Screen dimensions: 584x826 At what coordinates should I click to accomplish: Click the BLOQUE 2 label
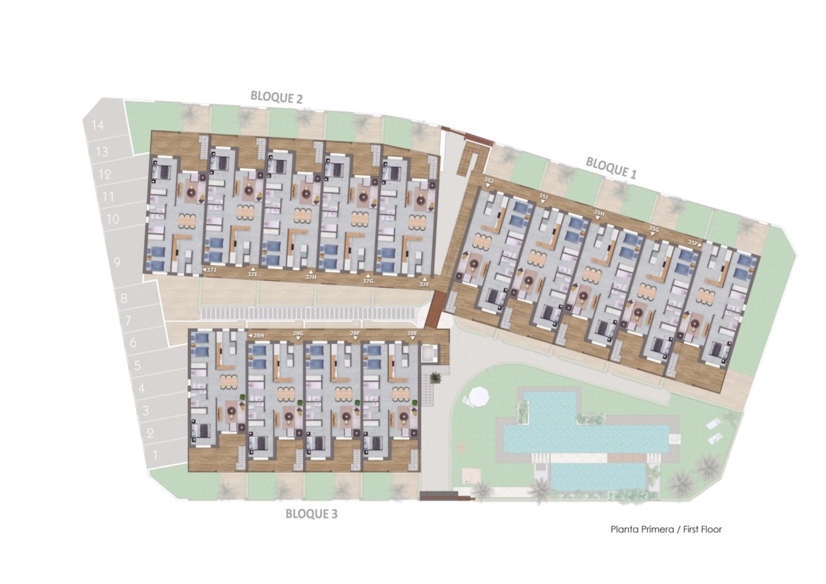tap(276, 97)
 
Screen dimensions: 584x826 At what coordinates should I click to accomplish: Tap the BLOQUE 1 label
tap(611, 168)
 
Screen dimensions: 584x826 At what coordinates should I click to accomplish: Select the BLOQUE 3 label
tap(311, 514)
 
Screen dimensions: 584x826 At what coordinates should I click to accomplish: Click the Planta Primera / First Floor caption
tap(666, 529)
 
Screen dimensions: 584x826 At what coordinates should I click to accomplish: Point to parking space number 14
tap(97, 125)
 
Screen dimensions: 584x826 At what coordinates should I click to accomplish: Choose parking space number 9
tap(117, 261)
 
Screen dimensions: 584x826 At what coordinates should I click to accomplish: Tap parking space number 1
tap(155, 455)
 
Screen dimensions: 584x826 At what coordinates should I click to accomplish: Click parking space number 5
tap(137, 366)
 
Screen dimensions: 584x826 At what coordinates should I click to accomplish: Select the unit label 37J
tap(211, 270)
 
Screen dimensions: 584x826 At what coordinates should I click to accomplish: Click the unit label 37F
tap(424, 284)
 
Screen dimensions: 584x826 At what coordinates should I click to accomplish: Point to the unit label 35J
tap(488, 179)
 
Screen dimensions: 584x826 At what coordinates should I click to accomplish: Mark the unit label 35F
tap(694, 242)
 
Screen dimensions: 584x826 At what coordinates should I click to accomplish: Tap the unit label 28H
tap(258, 335)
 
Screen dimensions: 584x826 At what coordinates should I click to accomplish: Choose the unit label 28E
tap(412, 333)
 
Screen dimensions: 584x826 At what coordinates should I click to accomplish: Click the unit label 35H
tap(599, 213)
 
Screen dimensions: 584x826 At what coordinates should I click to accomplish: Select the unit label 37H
tap(311, 277)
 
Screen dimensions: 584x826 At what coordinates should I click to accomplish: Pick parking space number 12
tap(105, 174)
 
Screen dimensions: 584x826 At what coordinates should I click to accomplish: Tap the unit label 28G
tap(298, 333)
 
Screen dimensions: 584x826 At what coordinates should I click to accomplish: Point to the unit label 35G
tap(653, 228)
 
